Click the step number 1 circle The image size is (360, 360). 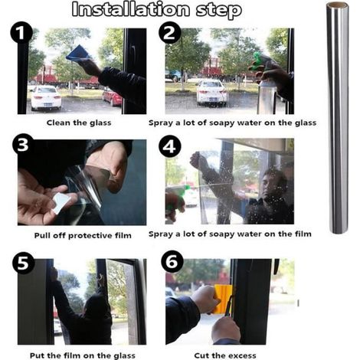pos(21,33)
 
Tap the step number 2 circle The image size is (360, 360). pos(170,33)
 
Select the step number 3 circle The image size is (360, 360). pos(23,145)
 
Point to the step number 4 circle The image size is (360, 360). pos(170,147)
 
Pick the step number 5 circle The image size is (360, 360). pos(23,263)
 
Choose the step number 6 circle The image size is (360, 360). pos(172,262)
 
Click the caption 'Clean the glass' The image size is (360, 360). pos(79,123)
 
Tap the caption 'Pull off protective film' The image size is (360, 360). pos(83,235)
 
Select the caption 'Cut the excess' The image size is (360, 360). pos(225,355)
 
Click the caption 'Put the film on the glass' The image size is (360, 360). pos(83,355)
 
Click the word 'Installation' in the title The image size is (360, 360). pos(131,9)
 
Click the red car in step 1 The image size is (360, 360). pos(113,97)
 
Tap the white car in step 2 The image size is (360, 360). pos(211,93)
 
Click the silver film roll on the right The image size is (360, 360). pos(338,117)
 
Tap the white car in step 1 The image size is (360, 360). pos(46,98)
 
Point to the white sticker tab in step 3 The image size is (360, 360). pos(61,202)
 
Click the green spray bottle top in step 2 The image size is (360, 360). pos(258,63)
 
